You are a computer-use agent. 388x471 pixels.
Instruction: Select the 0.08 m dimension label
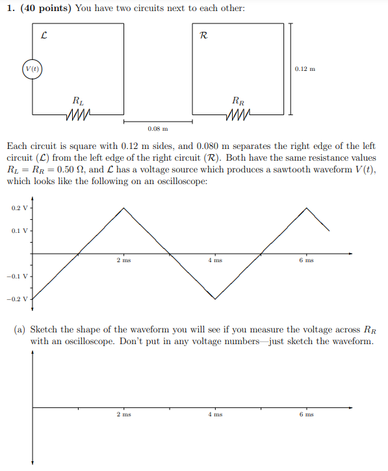click(x=157, y=129)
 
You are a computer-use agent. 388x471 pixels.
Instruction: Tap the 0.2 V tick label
click(x=20, y=208)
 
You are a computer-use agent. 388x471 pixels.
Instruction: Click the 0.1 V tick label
click(x=20, y=231)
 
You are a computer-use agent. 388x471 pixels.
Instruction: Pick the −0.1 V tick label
click(x=19, y=276)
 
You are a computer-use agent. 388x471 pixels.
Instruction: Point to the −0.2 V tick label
click(x=19, y=299)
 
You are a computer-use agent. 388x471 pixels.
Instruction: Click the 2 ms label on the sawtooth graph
click(x=123, y=260)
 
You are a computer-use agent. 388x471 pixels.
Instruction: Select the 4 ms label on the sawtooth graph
click(x=215, y=260)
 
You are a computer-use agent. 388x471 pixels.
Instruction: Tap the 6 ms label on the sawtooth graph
click(x=306, y=260)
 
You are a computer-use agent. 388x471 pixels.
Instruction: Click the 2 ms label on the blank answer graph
click(x=123, y=414)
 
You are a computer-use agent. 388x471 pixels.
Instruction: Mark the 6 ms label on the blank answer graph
click(x=306, y=414)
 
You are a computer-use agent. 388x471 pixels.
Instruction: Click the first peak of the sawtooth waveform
click(x=124, y=208)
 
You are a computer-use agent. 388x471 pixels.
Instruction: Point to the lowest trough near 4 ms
click(x=215, y=299)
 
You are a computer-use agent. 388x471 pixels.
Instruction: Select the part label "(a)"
click(x=21, y=329)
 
